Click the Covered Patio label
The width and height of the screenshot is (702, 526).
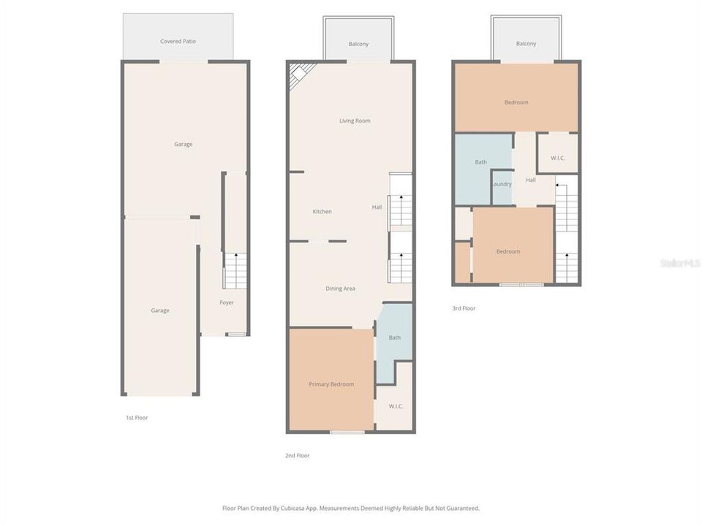pyautogui.click(x=178, y=42)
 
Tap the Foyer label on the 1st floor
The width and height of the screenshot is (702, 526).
pyautogui.click(x=227, y=302)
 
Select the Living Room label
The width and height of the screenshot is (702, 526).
pyautogui.click(x=355, y=121)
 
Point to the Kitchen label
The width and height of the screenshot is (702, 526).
pyautogui.click(x=322, y=212)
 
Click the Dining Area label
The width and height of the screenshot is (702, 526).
pyautogui.click(x=340, y=289)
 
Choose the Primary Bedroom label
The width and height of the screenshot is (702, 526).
pyautogui.click(x=331, y=384)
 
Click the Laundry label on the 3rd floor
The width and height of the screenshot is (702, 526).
pyautogui.click(x=502, y=184)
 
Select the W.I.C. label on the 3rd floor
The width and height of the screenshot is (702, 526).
pyautogui.click(x=557, y=159)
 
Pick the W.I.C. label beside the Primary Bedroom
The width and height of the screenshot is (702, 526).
pyautogui.click(x=396, y=406)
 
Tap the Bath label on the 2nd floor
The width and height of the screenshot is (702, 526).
pyautogui.click(x=394, y=338)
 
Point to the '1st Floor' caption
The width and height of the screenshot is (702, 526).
pyautogui.click(x=136, y=418)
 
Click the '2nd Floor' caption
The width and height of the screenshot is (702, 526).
pyautogui.click(x=297, y=456)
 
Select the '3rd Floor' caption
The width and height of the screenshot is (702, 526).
pyautogui.click(x=464, y=308)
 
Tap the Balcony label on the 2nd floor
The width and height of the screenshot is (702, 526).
pyautogui.click(x=358, y=44)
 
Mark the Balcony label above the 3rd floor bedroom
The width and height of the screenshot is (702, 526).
pyautogui.click(x=526, y=44)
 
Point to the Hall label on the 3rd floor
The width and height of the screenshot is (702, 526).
pyautogui.click(x=531, y=180)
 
